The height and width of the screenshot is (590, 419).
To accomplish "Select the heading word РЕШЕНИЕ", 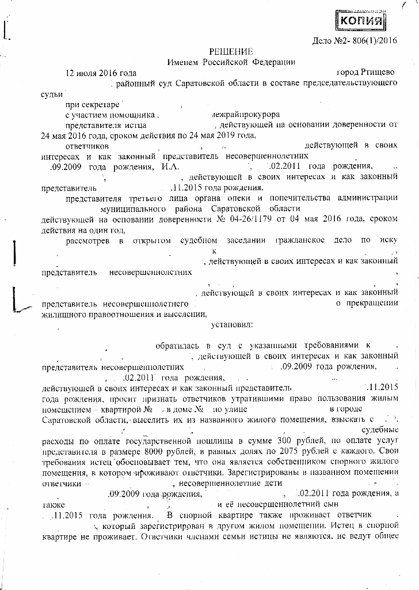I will (x=230, y=52).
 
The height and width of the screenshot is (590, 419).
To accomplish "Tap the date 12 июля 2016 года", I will (x=101, y=73).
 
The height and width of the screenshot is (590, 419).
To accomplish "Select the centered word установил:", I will (x=232, y=325).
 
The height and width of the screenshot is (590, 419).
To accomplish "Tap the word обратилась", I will (x=174, y=346).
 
